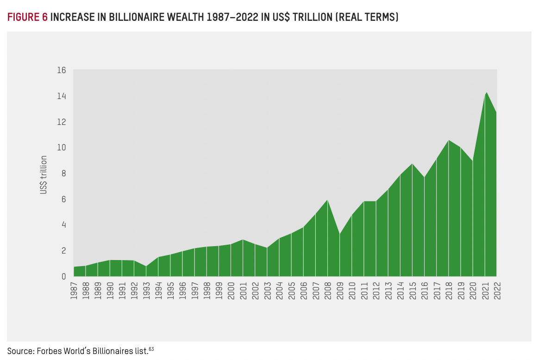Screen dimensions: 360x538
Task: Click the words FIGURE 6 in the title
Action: (x=27, y=18)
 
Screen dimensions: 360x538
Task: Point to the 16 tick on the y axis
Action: (x=62, y=70)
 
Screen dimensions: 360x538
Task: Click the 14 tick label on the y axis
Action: (x=62, y=96)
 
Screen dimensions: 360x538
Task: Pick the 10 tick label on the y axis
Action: (x=62, y=148)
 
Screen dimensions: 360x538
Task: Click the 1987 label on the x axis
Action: (x=74, y=290)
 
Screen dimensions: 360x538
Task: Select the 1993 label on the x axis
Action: (x=147, y=290)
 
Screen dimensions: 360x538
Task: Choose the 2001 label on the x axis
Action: (x=244, y=290)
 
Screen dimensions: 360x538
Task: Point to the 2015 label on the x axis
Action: (x=413, y=290)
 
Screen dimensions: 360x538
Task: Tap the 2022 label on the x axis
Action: (x=497, y=290)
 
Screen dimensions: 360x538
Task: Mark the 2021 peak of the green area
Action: (x=486, y=93)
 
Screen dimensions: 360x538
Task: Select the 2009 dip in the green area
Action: (x=340, y=234)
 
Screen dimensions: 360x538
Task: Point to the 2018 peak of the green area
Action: (x=449, y=140)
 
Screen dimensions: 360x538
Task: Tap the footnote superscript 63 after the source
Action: (x=151, y=348)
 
